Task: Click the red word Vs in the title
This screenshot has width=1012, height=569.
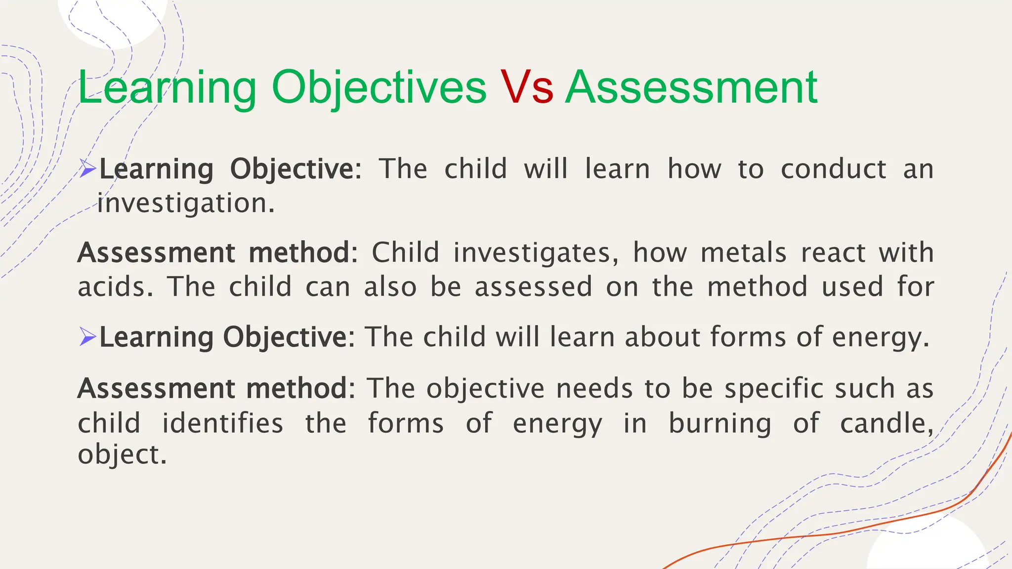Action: pos(527,88)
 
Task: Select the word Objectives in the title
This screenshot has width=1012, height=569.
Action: pos(379,88)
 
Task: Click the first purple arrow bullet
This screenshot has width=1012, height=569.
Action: pos(87,169)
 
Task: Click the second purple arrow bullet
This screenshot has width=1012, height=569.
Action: pos(87,337)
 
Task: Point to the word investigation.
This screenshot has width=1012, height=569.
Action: pos(186,203)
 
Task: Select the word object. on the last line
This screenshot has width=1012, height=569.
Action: pos(122,454)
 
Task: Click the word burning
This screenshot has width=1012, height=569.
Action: pos(719,423)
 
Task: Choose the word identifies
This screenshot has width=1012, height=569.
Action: pos(223,423)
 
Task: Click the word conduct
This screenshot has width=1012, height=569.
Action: pos(833,169)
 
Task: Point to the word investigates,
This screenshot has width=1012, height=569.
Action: pos(536,253)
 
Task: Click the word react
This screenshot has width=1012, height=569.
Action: pos(833,253)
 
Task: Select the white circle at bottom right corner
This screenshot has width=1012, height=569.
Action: pos(926,548)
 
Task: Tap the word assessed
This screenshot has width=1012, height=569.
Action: pos(533,287)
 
